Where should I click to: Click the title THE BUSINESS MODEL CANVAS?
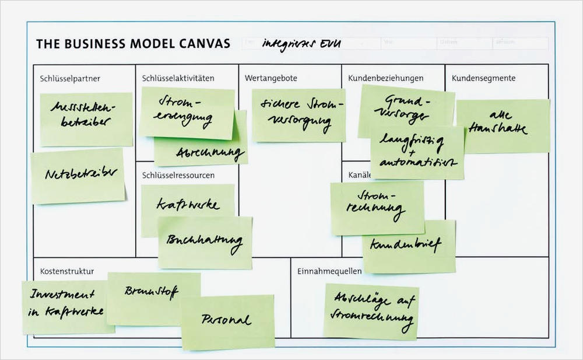pyautogui.click(x=133, y=44)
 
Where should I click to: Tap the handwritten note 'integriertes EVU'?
pyautogui.click(x=301, y=44)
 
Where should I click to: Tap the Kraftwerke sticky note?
pyautogui.click(x=187, y=204)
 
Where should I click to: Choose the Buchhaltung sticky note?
pyautogui.click(x=205, y=242)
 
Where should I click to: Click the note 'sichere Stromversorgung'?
pyautogui.click(x=298, y=115)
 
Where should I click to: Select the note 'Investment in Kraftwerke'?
pyautogui.click(x=65, y=306)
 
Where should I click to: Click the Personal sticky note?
pyautogui.click(x=227, y=320)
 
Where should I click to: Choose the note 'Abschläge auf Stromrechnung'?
pyautogui.click(x=371, y=311)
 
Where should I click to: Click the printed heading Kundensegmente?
pyautogui.click(x=483, y=78)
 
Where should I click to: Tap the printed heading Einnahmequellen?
pyautogui.click(x=329, y=271)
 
